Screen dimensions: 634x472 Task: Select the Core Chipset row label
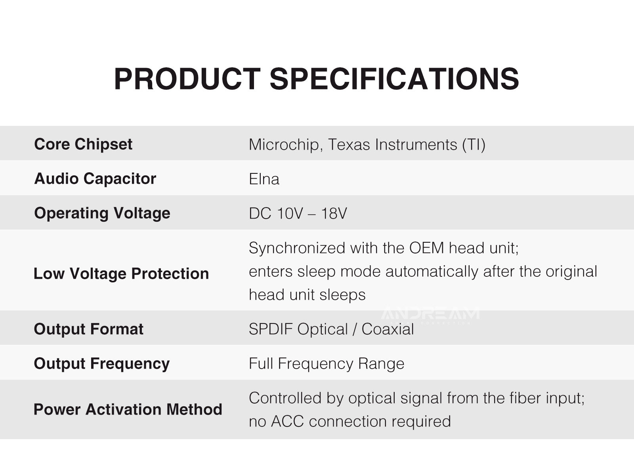(83, 144)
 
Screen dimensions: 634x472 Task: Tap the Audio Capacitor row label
(95, 179)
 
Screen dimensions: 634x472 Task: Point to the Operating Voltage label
(102, 213)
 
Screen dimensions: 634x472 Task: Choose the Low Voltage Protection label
(122, 274)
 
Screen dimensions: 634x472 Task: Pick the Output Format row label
(89, 329)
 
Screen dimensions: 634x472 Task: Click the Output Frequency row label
(102, 364)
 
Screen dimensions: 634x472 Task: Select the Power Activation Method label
(128, 409)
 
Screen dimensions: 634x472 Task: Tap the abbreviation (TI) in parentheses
(474, 145)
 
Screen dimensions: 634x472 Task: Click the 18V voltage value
(334, 213)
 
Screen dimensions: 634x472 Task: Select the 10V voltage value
(290, 213)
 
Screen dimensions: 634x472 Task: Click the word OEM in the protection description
(426, 248)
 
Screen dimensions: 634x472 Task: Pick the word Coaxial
(388, 329)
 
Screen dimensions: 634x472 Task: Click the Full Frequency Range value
(327, 364)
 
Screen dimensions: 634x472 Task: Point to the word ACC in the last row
(287, 421)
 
